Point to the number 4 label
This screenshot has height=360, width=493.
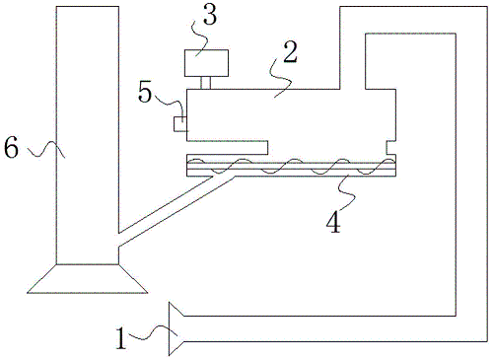pyautogui.click(x=334, y=220)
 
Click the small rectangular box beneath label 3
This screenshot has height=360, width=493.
pyautogui.click(x=205, y=62)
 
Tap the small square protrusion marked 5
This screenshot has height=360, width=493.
pyautogui.click(x=179, y=123)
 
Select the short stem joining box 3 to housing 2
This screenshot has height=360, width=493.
pyautogui.click(x=205, y=80)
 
